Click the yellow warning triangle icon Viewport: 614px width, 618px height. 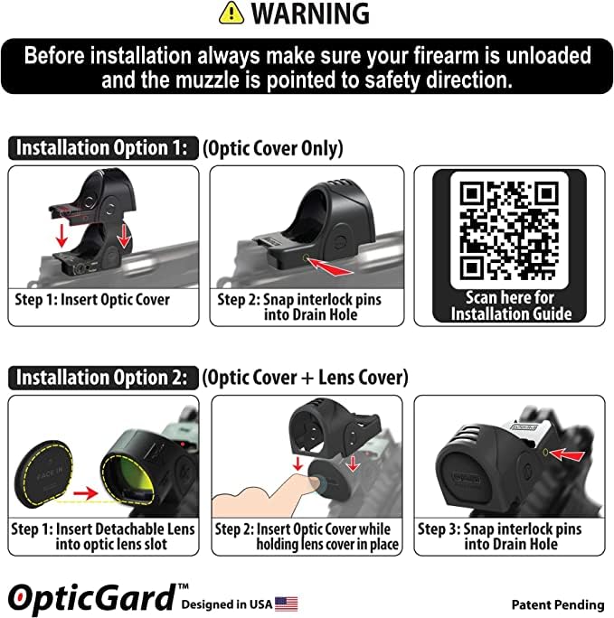coord(232,14)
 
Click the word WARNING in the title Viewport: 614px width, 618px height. coord(310,14)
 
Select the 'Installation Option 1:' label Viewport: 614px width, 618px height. coord(102,148)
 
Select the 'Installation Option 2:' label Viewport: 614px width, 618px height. coord(102,376)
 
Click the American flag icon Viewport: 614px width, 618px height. coord(287,604)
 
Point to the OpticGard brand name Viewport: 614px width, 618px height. coord(91,597)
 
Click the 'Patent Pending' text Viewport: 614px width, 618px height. coord(557,604)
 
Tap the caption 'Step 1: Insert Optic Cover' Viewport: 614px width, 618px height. coord(92,299)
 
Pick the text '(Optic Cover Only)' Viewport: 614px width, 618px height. coord(272,148)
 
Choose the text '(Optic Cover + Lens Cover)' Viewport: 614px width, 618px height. coord(305,376)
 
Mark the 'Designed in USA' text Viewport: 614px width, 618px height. coord(226,604)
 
